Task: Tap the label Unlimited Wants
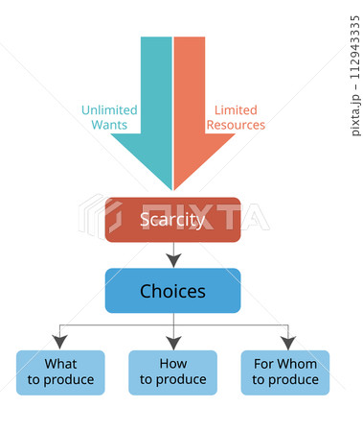pyautogui.click(x=108, y=117)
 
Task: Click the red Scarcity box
pyautogui.click(x=172, y=220)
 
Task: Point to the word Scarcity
pyautogui.click(x=172, y=220)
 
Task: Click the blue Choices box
pyautogui.click(x=172, y=291)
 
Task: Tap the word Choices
pyautogui.click(x=172, y=291)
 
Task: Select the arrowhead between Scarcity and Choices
pyautogui.click(x=172, y=259)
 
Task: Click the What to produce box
pyautogui.click(x=60, y=372)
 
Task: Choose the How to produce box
pyautogui.click(x=172, y=372)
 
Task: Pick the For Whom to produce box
pyautogui.click(x=285, y=372)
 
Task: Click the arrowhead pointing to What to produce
pyautogui.click(x=60, y=342)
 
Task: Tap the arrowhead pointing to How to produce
pyautogui.click(x=172, y=342)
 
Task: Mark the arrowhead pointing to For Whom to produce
pyautogui.click(x=285, y=342)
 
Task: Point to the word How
pyautogui.click(x=172, y=365)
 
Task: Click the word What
pyautogui.click(x=60, y=365)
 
